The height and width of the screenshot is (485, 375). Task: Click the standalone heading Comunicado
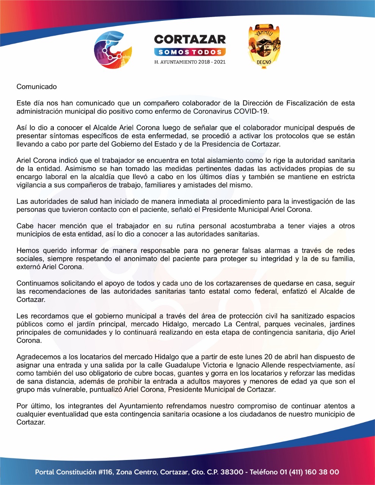pyautogui.click(x=36, y=87)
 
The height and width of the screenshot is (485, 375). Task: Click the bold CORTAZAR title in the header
pyautogui.click(x=190, y=39)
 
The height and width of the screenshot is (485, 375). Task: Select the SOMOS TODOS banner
pyautogui.click(x=190, y=52)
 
